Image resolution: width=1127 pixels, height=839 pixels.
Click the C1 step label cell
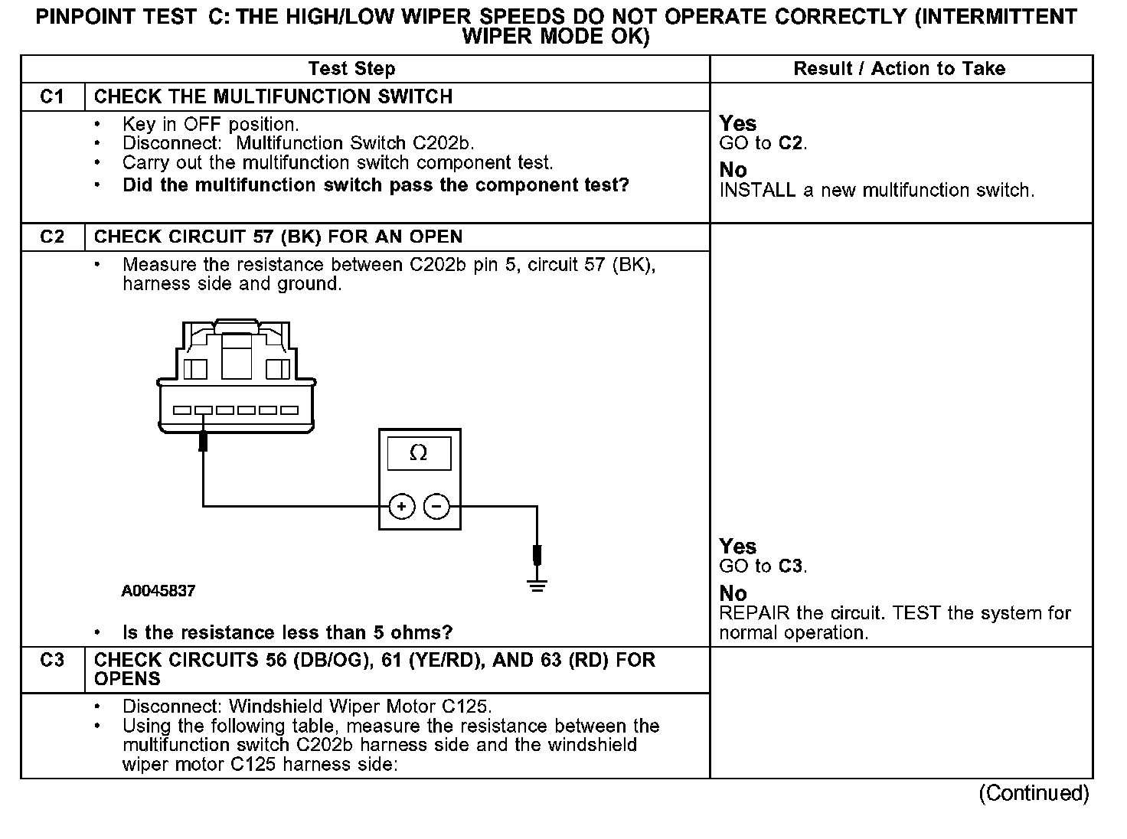pyautogui.click(x=52, y=97)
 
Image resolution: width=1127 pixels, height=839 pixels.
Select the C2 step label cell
pyautogui.click(x=52, y=237)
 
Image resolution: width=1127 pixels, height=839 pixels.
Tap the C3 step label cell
pyautogui.click(x=52, y=661)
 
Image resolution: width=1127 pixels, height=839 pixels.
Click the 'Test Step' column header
pyautogui.click(x=351, y=69)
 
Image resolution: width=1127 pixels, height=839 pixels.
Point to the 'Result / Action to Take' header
pyautogui.click(x=899, y=69)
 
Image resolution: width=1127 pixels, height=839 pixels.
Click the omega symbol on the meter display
pyautogui.click(x=419, y=453)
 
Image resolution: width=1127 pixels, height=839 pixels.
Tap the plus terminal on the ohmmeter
pyautogui.click(x=402, y=506)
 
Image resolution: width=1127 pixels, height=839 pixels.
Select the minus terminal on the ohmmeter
pyautogui.click(x=436, y=506)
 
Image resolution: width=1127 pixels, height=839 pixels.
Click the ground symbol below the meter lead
pyautogui.click(x=537, y=587)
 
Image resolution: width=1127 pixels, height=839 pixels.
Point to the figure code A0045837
pyautogui.click(x=158, y=591)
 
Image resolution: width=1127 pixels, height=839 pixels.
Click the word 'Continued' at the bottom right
pyautogui.click(x=1034, y=793)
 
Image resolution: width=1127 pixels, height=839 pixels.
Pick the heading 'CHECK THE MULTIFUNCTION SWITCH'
pyautogui.click(x=273, y=97)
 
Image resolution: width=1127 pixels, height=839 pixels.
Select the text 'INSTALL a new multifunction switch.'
pyautogui.click(x=877, y=191)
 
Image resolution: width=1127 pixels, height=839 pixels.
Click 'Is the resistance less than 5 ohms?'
pyautogui.click(x=287, y=633)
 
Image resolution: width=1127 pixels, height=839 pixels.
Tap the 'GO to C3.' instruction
pyautogui.click(x=763, y=566)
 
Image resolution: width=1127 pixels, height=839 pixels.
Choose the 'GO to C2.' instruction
pyautogui.click(x=763, y=143)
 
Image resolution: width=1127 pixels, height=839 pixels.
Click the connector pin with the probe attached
pyautogui.click(x=204, y=410)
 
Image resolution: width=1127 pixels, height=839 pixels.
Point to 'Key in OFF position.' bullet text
pyautogui.click(x=211, y=125)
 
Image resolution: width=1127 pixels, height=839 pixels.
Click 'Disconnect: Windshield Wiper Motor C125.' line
pyautogui.click(x=307, y=707)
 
